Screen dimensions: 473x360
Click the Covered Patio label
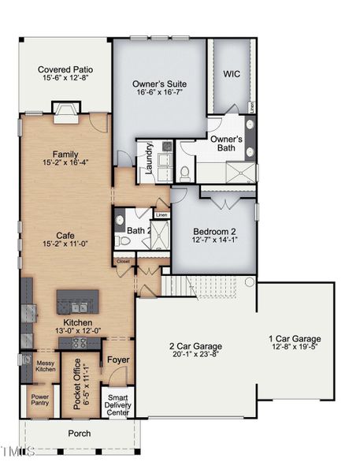[65, 69]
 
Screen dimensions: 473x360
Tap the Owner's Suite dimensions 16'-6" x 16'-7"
[160, 92]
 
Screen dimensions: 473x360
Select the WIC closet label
[232, 73]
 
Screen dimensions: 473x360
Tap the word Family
[65, 155]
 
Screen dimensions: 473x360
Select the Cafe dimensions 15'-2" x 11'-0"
[65, 244]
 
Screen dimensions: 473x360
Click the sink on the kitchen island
[76, 307]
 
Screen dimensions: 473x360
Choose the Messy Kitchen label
[46, 365]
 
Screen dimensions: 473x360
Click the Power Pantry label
[40, 400]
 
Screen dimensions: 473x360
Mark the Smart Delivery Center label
[118, 405]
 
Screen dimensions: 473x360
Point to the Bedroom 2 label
[214, 232]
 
